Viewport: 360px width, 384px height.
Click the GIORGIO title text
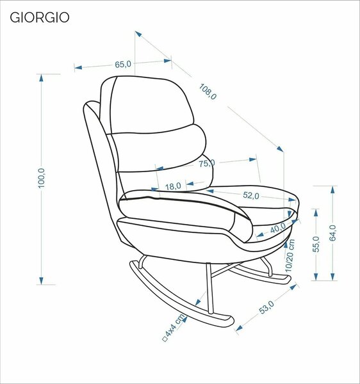click(40, 18)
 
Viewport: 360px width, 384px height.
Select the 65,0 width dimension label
click(123, 65)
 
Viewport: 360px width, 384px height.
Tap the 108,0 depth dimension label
click(208, 92)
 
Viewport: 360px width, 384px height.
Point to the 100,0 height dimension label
click(42, 179)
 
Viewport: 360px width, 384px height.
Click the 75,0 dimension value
click(207, 163)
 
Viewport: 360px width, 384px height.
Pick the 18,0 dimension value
click(173, 186)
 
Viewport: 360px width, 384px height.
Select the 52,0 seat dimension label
click(251, 195)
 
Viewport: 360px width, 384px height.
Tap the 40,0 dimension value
click(278, 228)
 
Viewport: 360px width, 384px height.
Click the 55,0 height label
click(316, 244)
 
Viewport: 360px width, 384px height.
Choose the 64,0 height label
click(332, 233)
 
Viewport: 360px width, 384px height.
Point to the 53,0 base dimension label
click(266, 307)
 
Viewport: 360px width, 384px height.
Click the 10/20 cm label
click(290, 255)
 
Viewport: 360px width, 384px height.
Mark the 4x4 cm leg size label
click(174, 328)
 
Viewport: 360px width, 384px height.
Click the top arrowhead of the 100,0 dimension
click(41, 77)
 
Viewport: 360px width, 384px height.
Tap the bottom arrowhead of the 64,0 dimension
click(332, 276)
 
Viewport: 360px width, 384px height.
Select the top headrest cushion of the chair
click(148, 106)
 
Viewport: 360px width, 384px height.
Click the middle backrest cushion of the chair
click(160, 149)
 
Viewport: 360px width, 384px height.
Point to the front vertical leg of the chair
click(209, 289)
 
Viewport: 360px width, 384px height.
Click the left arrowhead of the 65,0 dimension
click(78, 67)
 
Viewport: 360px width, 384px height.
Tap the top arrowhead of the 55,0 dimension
click(316, 212)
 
